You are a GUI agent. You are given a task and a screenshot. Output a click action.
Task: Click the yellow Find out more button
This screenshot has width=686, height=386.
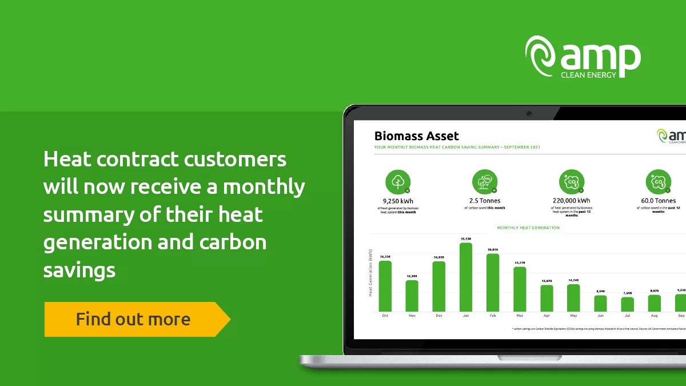tap(133, 319)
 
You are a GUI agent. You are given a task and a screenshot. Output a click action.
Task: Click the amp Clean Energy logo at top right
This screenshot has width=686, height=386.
tap(583, 57)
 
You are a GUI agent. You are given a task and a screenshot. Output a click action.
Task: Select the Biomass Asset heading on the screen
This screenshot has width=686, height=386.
tap(416, 136)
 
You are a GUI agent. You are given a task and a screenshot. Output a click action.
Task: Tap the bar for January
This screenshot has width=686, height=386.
tap(466, 277)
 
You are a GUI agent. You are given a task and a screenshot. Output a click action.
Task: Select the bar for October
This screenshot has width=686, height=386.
tap(385, 286)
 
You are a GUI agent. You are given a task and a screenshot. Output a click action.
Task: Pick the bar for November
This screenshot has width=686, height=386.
tap(412, 296)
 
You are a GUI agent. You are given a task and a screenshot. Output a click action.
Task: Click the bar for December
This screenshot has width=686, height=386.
tap(439, 286)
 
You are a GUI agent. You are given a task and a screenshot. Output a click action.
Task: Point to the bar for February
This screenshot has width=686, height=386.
tap(493, 282)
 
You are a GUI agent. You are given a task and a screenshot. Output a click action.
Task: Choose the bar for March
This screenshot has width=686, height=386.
tap(520, 289)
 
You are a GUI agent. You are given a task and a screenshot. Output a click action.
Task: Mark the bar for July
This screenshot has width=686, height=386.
tap(628, 304)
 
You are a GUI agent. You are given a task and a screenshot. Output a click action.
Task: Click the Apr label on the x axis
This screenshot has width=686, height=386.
tap(547, 316)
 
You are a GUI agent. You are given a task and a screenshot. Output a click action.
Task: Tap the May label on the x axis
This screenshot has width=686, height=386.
tap(573, 316)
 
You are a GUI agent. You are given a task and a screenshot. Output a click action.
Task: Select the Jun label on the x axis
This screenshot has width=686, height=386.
tap(600, 316)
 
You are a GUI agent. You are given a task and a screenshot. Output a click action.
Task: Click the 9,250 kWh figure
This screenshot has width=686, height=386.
tap(398, 201)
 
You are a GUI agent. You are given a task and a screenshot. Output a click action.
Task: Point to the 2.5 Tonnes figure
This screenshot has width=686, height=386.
tap(485, 201)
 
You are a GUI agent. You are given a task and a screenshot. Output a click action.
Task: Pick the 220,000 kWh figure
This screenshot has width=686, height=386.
tap(572, 201)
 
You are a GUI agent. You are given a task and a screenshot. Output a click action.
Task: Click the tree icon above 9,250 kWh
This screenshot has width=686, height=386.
tap(398, 182)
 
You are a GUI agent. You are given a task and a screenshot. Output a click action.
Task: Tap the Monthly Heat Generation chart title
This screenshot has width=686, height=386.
tap(528, 228)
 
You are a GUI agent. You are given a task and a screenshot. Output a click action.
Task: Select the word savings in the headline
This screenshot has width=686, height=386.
tap(79, 269)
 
